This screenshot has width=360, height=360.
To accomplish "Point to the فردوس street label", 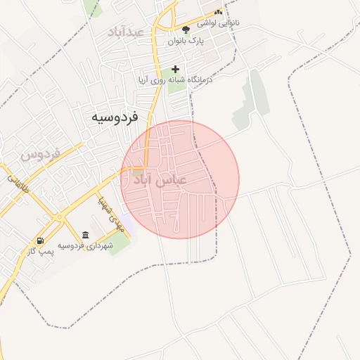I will coord(39,153).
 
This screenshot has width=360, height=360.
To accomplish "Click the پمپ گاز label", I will coord(41,251).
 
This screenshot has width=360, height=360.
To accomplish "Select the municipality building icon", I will coord(85,235).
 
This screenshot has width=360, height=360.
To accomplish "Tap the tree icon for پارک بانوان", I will coord(186,30).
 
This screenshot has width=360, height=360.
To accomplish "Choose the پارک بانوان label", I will coord(186,41).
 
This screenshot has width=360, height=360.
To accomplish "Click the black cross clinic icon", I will coord(175,70).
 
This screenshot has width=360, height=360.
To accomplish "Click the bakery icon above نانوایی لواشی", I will coord(218,12).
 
